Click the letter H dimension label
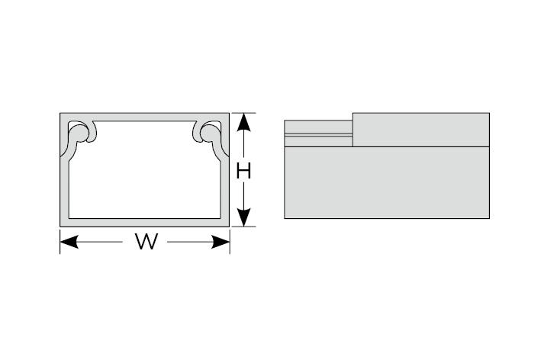(x=243, y=171)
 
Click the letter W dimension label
(x=147, y=241)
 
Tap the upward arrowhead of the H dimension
(x=244, y=122)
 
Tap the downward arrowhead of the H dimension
(x=244, y=217)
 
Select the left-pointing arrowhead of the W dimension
(x=69, y=242)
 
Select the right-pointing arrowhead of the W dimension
(x=221, y=242)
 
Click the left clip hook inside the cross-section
(x=82, y=131)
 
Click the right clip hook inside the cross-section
(x=208, y=131)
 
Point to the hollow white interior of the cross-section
(x=144, y=172)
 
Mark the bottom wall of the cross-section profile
(x=144, y=223)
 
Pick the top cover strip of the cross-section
(x=144, y=117)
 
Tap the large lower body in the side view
(x=387, y=182)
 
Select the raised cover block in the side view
(x=421, y=130)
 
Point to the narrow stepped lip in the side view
(x=318, y=133)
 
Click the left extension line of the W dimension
(x=60, y=241)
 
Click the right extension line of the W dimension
(x=230, y=241)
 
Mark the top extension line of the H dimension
(x=243, y=113)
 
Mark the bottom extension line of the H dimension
(x=243, y=227)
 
